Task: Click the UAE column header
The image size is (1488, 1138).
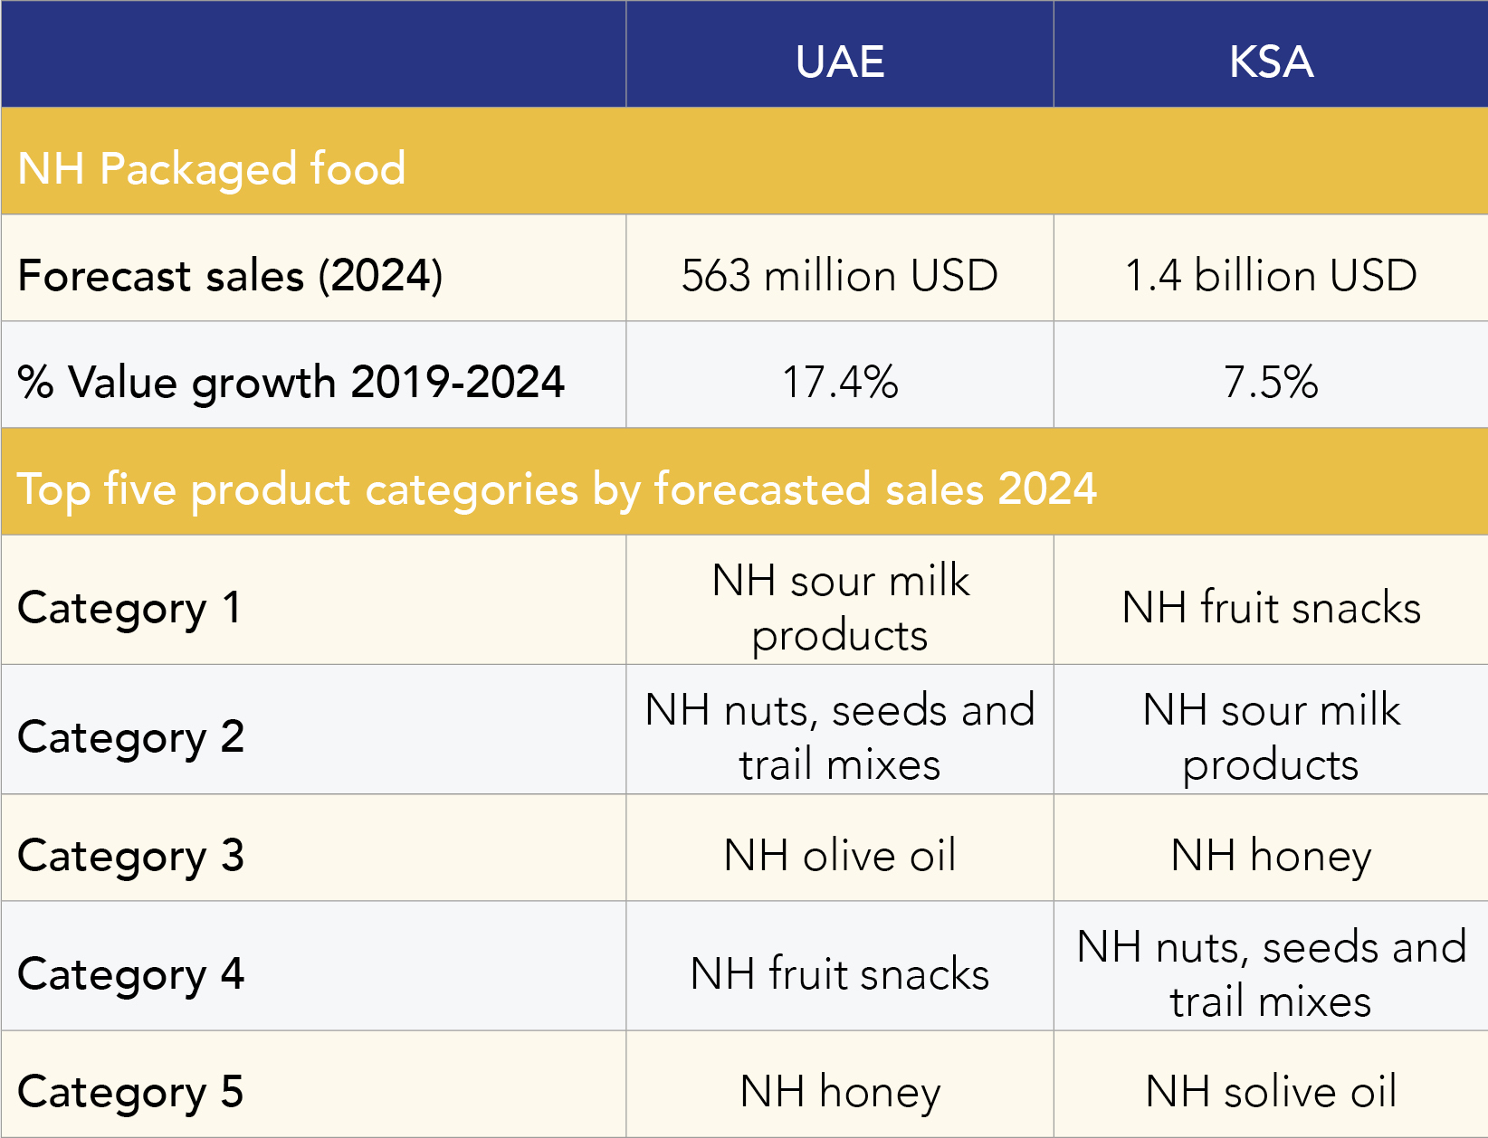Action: (x=840, y=62)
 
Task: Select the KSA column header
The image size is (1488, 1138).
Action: (x=1271, y=62)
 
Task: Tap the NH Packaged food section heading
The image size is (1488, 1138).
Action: (x=212, y=168)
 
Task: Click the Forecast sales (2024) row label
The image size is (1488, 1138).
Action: (x=231, y=275)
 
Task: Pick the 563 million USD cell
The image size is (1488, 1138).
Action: (x=840, y=275)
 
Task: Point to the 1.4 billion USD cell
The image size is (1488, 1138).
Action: (x=1271, y=275)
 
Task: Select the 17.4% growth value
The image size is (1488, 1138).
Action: (x=840, y=382)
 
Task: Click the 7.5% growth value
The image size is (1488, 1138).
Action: (x=1271, y=382)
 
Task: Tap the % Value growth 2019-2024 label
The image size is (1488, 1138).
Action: (x=291, y=382)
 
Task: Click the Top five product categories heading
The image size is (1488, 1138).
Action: (x=557, y=488)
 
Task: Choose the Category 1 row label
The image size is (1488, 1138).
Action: (x=129, y=607)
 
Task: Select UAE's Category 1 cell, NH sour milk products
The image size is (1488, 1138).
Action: (x=840, y=607)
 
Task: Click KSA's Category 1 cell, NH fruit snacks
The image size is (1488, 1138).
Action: (x=1271, y=607)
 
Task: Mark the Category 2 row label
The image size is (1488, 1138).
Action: (x=131, y=736)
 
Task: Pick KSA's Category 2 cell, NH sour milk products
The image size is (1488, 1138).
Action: (x=1271, y=736)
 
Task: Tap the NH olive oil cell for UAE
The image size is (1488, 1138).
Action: (x=840, y=855)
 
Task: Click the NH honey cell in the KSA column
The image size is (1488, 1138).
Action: (x=1271, y=855)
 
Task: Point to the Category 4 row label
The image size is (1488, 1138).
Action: (x=131, y=973)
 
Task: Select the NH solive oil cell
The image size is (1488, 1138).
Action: (x=1271, y=1091)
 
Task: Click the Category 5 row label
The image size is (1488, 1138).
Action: (x=131, y=1091)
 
